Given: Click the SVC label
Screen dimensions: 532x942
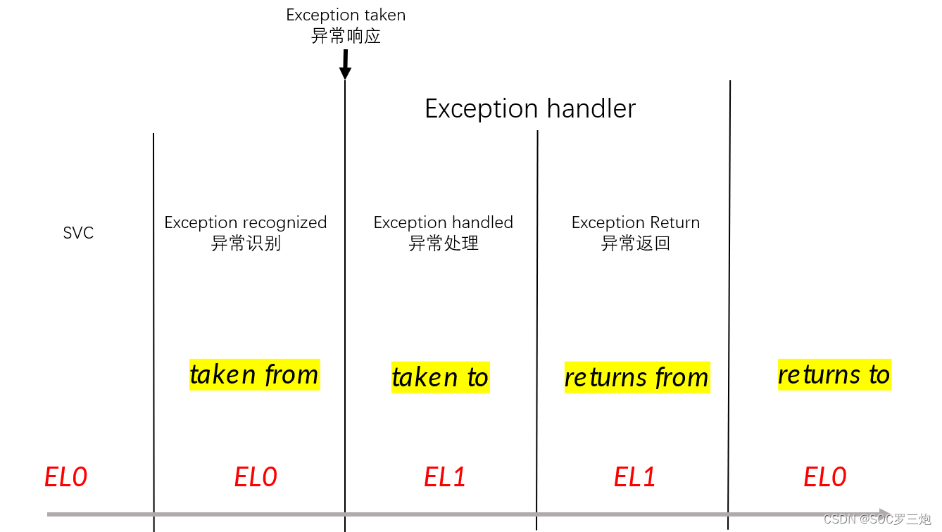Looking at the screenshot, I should [78, 233].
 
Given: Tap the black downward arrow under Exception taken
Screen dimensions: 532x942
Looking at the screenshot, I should [345, 65].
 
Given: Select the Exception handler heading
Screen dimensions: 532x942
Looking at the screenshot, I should [530, 109].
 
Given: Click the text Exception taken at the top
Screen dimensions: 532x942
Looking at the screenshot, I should [346, 15].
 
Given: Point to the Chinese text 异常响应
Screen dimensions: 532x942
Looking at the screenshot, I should [346, 36].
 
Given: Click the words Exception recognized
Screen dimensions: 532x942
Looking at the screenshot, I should [246, 222].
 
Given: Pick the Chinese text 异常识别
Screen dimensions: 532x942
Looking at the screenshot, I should [246, 243].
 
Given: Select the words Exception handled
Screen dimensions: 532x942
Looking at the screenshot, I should [444, 222].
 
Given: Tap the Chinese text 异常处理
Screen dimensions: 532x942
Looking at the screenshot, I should [444, 243].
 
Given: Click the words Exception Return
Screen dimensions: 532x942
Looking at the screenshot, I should [636, 222].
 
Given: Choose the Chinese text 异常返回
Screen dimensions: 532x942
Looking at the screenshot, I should [636, 243].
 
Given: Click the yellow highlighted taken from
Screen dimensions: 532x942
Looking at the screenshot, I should [254, 374].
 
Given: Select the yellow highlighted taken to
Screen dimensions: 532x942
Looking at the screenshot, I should [440, 377].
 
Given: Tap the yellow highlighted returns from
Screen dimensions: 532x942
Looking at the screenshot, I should [636, 377].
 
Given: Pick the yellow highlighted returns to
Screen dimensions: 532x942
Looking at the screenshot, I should [834, 374].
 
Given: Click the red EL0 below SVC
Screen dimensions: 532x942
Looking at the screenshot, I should [65, 477].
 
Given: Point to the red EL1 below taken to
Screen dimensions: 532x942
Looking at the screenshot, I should [445, 477].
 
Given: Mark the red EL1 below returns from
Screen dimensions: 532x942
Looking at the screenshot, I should [635, 477].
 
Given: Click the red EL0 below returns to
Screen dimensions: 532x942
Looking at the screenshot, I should [825, 477].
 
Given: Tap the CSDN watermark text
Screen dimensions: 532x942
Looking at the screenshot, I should [877, 519].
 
